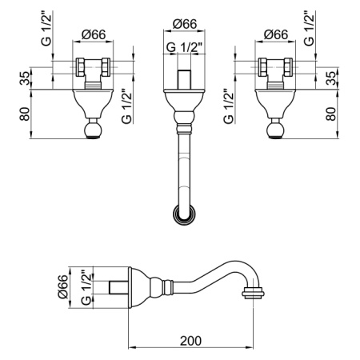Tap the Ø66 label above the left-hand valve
[x=94, y=34]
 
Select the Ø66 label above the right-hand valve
[x=275, y=34]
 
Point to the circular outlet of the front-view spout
[x=184, y=214]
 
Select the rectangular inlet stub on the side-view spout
[x=119, y=287]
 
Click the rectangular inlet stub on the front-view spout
[x=184, y=79]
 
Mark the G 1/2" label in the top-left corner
[x=46, y=29]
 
